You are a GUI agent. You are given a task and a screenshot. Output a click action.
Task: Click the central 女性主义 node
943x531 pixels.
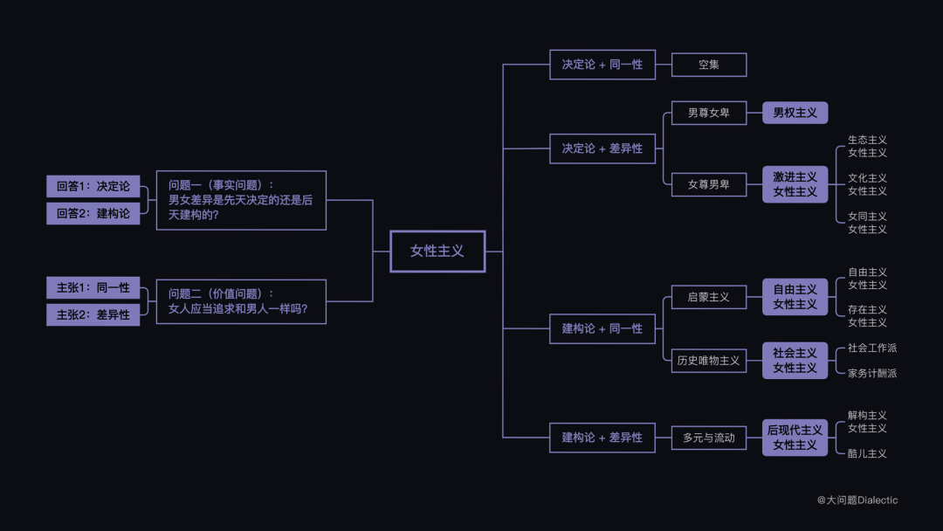tap(437, 252)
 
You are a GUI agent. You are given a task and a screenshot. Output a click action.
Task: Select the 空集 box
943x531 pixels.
tap(708, 65)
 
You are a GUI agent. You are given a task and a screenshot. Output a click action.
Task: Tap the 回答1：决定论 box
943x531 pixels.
tap(93, 186)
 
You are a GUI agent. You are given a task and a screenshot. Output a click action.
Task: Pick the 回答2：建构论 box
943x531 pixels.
tap(93, 214)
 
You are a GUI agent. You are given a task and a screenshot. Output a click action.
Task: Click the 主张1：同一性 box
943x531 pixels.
tap(93, 287)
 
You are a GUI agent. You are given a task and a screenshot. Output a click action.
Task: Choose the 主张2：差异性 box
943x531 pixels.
tap(93, 315)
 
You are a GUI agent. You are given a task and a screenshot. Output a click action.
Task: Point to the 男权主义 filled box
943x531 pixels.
tap(795, 113)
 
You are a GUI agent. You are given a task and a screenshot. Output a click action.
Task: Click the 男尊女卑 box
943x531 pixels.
tap(708, 113)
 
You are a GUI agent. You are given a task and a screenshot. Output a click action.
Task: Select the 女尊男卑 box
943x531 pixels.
tap(708, 184)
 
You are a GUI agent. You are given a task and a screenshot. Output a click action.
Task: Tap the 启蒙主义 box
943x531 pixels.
tap(708, 297)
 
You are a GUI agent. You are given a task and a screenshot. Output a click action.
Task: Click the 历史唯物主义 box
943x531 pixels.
tap(708, 361)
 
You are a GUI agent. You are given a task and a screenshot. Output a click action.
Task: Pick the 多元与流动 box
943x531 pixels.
tap(708, 438)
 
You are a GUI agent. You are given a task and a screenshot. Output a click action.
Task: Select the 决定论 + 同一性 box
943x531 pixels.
tap(602, 65)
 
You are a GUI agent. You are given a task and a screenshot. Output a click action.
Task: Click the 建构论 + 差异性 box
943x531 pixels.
tap(602, 438)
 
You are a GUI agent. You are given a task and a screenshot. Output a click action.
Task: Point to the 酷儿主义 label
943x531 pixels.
tap(867, 454)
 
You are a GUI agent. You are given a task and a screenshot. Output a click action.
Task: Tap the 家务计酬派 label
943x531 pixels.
tap(871, 374)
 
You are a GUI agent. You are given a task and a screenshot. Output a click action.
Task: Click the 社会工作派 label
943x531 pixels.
tap(871, 348)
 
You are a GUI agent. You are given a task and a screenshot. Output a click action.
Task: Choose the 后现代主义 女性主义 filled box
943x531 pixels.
tap(795, 438)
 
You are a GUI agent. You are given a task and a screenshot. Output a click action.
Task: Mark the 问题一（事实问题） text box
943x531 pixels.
tap(241, 200)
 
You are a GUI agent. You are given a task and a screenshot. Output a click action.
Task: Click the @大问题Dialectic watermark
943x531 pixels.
tap(857, 500)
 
